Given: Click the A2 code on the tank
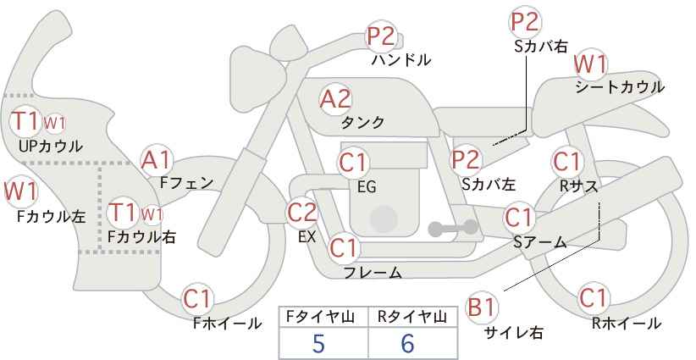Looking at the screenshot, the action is (x=335, y=99).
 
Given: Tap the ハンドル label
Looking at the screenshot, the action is (x=401, y=59).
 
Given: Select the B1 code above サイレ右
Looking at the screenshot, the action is (x=482, y=307).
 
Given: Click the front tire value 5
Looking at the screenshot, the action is (x=318, y=344).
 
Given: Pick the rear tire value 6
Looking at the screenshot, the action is (x=407, y=344).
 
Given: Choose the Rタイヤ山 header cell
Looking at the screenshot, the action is (x=412, y=317).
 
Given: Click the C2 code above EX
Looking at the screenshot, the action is (x=302, y=213).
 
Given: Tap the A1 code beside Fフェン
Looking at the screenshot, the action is (x=156, y=161).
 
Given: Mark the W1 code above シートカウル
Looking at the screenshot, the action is (x=590, y=65).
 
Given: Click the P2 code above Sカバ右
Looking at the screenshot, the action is (x=525, y=22).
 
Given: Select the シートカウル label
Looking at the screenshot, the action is (x=620, y=87).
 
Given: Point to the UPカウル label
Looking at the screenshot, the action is (x=51, y=146).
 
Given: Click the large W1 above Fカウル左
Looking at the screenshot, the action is (x=20, y=191).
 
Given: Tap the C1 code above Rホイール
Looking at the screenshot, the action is (x=593, y=298).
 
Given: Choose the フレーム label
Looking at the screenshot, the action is (x=373, y=273).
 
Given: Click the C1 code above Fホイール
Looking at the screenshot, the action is (x=196, y=299).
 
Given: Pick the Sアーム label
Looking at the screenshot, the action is (x=539, y=242).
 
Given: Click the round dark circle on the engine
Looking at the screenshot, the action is (x=383, y=219).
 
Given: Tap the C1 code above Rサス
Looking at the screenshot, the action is (x=566, y=162).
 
